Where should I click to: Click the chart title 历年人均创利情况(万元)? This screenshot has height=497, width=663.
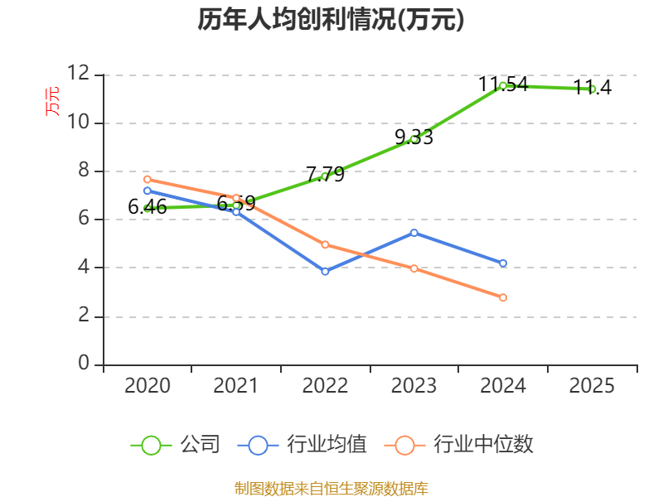click(331, 20)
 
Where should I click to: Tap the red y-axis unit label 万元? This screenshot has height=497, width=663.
click(52, 101)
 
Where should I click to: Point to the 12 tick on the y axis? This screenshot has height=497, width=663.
click(79, 74)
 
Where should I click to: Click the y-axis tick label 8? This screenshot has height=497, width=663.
click(84, 171)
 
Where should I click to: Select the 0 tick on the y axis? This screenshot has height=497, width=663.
click(84, 363)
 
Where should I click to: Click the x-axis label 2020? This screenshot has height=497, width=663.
click(148, 386)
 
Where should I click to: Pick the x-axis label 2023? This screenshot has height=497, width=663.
click(414, 386)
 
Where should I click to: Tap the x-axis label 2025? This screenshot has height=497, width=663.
click(592, 386)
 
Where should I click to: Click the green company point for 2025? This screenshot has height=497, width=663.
click(592, 89)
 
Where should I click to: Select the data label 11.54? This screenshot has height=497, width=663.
click(503, 84)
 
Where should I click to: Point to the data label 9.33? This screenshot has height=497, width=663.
click(414, 137)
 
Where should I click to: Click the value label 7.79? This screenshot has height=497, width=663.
click(325, 174)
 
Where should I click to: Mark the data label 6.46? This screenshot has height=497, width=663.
click(148, 207)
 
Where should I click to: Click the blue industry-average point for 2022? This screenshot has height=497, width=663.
click(325, 272)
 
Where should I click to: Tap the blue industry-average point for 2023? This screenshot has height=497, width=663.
click(414, 233)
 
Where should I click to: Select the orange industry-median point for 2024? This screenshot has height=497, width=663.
click(503, 297)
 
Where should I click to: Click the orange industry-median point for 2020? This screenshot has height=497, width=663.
click(148, 180)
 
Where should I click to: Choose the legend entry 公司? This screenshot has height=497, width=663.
click(176, 445)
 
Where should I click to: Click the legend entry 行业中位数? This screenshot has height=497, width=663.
click(459, 445)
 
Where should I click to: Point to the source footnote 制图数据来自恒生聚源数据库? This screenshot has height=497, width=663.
click(331, 489)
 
